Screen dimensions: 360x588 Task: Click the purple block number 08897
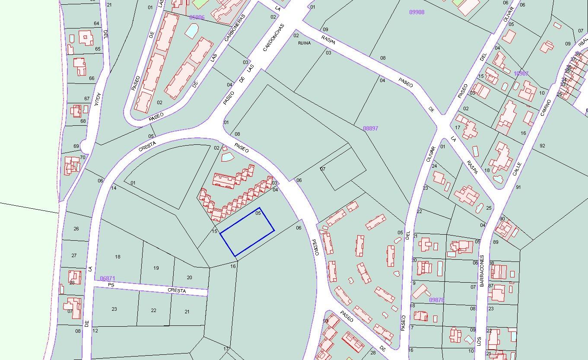click(x=370, y=128)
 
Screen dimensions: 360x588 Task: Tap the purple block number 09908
click(x=416, y=12)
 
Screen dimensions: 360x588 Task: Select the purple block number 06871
click(x=107, y=279)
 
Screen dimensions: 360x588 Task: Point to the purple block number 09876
click(x=436, y=300)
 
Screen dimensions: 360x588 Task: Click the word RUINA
click(x=304, y=43)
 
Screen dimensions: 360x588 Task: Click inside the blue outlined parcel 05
click(x=247, y=232)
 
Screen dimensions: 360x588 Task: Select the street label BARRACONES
click(x=482, y=271)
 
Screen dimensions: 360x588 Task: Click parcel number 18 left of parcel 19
click(x=118, y=257)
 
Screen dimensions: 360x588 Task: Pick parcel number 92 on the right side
click(x=542, y=146)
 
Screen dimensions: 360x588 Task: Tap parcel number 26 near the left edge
click(x=76, y=228)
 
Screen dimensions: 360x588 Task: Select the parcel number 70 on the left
click(x=83, y=157)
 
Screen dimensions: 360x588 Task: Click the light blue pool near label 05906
click(x=191, y=30)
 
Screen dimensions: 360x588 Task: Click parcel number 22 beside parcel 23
click(x=153, y=310)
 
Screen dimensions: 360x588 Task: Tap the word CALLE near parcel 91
click(x=517, y=169)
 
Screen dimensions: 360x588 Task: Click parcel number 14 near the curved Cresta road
click(x=114, y=188)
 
